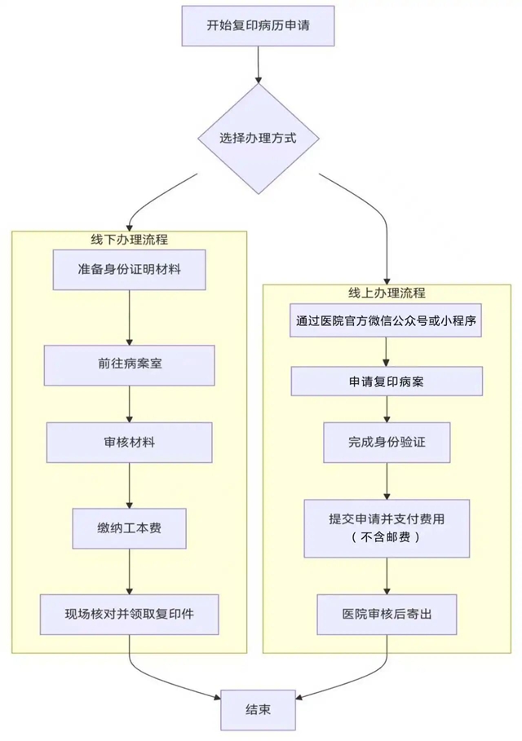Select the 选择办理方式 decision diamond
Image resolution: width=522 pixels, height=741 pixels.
(258, 138)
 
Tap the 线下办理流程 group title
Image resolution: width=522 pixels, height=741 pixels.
(129, 240)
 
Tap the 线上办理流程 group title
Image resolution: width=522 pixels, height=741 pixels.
(387, 293)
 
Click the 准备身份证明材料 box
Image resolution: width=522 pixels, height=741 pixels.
(129, 269)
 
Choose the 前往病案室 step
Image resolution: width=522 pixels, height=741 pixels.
(129, 364)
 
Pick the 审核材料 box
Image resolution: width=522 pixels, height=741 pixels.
(129, 443)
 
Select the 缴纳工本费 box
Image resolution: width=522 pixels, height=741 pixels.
(129, 529)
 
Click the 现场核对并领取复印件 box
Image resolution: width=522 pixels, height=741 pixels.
(129, 614)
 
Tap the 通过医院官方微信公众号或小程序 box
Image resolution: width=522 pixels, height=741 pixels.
(387, 321)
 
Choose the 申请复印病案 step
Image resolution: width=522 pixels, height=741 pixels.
(387, 381)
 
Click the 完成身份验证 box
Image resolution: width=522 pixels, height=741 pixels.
(387, 443)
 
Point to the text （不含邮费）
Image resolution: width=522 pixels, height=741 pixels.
(387, 538)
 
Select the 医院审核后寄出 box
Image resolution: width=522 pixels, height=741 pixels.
(387, 614)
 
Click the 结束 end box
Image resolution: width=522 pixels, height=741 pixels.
(258, 708)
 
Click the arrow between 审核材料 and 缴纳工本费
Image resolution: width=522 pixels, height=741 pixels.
(129, 486)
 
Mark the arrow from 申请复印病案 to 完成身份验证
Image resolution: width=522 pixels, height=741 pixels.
(387, 408)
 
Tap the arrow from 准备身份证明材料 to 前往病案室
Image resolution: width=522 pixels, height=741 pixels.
(129, 317)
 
